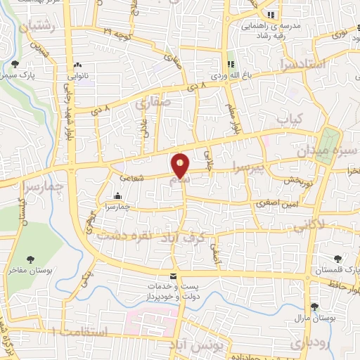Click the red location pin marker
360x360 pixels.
point(181,165)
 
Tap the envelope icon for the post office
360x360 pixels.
point(174,276)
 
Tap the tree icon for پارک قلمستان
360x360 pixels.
point(339,259)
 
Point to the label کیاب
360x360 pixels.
point(290,117)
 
